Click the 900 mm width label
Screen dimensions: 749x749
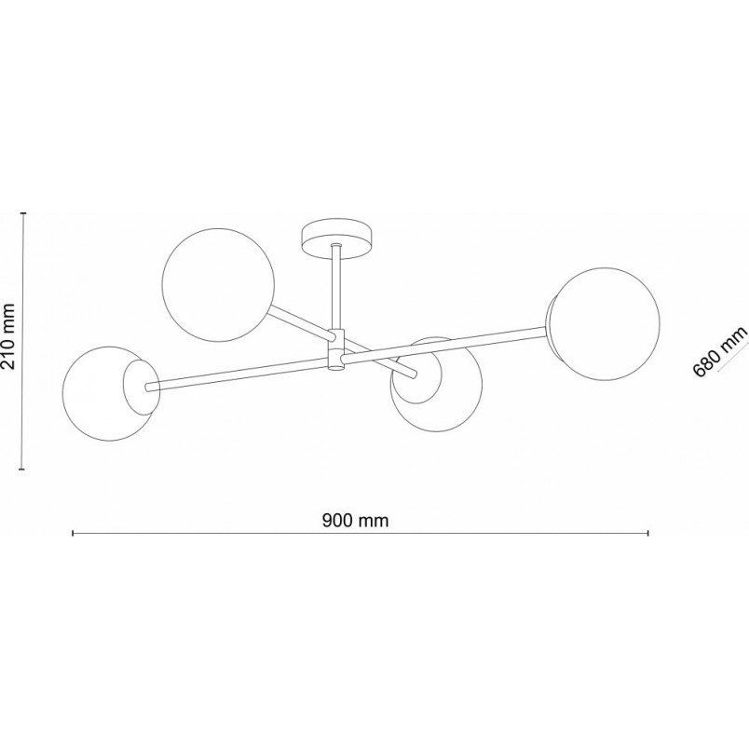pos(355,520)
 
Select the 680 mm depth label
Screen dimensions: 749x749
pos(719,352)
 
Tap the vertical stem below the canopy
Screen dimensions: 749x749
pos(336,287)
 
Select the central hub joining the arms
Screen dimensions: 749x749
pos(336,349)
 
